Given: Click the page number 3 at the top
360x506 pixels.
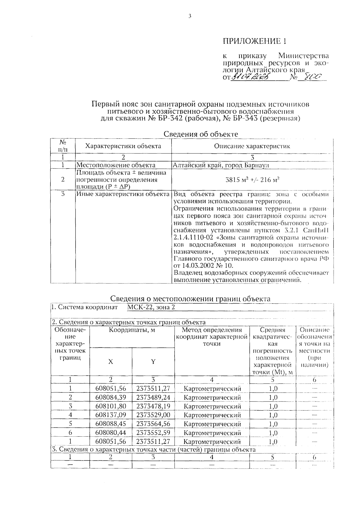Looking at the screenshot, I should (x=190, y=17).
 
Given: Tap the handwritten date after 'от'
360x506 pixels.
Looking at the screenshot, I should (x=251, y=77).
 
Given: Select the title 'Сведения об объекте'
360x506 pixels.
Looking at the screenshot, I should (x=201, y=134).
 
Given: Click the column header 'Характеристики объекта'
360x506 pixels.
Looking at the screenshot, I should (x=123, y=146).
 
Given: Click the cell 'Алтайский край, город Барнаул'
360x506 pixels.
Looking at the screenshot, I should (x=221, y=165).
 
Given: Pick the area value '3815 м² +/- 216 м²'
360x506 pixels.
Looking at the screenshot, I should (x=252, y=180).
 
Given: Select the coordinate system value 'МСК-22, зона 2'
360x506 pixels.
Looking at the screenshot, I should (x=151, y=307).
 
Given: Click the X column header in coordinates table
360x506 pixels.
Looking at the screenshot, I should (x=111, y=362).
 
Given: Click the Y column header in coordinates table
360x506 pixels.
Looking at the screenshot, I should (x=153, y=362).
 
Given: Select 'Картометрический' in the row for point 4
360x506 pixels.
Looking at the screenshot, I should (x=212, y=415).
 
